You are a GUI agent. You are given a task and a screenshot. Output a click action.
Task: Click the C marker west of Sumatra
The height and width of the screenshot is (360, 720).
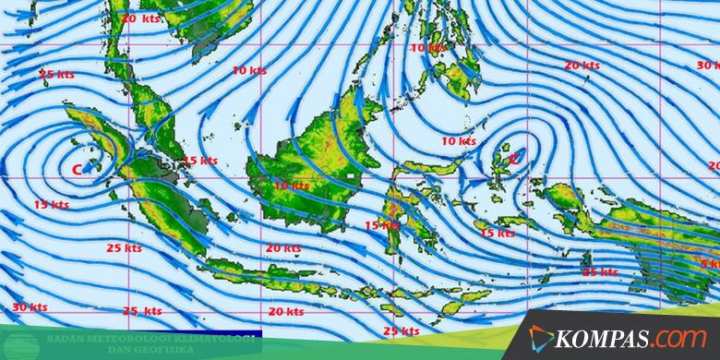point(77,169)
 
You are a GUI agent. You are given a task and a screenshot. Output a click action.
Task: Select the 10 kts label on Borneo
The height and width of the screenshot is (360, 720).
point(292,186)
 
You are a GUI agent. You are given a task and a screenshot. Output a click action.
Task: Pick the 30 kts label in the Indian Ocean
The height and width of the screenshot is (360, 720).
point(30,306)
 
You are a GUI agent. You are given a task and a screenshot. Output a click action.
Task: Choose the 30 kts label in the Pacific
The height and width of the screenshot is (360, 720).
point(707,66)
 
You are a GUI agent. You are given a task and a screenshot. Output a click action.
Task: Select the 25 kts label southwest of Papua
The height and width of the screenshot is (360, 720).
point(600,272)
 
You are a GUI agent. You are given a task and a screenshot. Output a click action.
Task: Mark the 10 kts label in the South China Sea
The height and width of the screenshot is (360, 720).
point(249,70)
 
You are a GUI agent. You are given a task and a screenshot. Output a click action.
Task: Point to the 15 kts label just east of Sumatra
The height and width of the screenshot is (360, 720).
point(200,161)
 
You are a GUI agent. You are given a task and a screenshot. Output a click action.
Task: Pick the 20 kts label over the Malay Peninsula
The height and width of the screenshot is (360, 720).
point(139,18)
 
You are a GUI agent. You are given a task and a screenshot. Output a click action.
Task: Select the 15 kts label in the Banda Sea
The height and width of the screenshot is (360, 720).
point(498,234)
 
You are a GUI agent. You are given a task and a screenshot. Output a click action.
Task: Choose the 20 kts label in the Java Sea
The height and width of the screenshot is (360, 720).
point(283,247)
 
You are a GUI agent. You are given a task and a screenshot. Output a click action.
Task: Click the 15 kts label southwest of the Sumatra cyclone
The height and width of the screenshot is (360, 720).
point(52,204)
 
